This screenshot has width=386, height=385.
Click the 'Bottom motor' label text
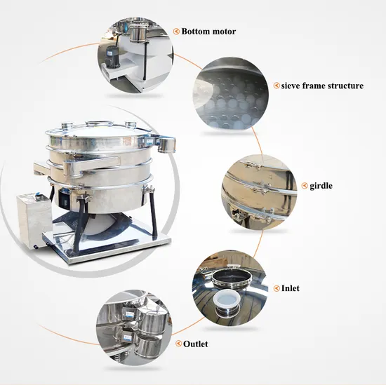pos(208,32)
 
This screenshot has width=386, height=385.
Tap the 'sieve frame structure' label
pos(322,86)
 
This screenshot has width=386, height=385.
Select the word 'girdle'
pos(321,186)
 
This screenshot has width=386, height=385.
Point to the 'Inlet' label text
pos(291,288)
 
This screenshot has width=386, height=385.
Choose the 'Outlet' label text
pos(196,344)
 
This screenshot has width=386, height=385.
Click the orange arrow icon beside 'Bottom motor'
pos(176,32)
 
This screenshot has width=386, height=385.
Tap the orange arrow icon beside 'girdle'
pos(305,186)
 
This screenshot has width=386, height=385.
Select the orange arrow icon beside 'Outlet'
pos(178,344)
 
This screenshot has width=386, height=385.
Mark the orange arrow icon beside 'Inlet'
pos(277,288)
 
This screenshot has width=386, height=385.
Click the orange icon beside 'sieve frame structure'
pos(277,86)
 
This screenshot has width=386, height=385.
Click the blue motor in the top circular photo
pos(112,56)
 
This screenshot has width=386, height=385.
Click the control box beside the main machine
pos(34,218)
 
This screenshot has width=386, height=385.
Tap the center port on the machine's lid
pos(99,123)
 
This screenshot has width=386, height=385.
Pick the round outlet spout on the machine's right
pos(167,144)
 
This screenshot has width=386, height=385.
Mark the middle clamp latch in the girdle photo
pos(258,189)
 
